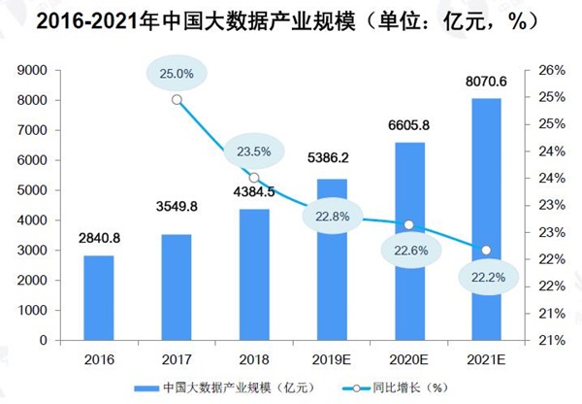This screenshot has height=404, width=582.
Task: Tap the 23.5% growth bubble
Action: point(253,151)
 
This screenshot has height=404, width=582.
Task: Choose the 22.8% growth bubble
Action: point(333,216)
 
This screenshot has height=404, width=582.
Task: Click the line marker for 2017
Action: point(176,99)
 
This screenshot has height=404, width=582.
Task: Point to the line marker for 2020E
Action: point(408,224)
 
